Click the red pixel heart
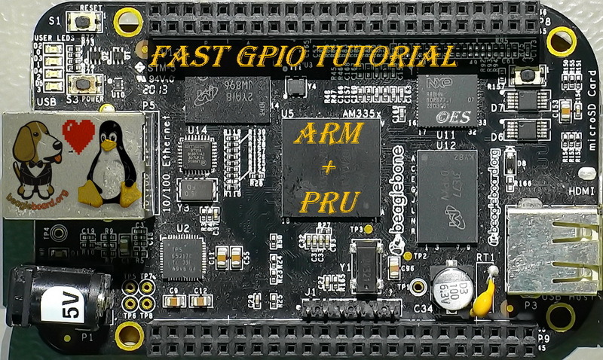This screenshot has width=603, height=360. tap(78, 134)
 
